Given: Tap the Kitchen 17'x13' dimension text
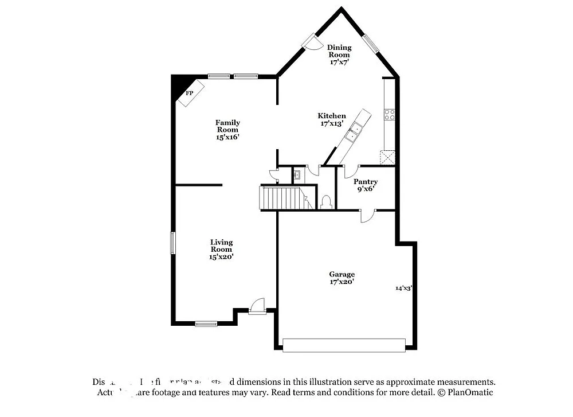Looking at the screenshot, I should [332, 123].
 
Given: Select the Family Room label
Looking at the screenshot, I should [227, 126].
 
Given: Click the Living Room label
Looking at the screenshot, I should [221, 245].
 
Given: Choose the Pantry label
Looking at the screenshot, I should [365, 182].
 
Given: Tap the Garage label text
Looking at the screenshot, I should [342, 274].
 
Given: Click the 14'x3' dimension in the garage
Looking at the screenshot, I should [404, 288].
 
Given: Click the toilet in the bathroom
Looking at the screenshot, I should [327, 202].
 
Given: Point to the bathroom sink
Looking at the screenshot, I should [297, 174].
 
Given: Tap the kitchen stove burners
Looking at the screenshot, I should [390, 114].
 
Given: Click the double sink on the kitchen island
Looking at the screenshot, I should [352, 132].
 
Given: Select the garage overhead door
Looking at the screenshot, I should [344, 345].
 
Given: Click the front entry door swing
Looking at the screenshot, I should [258, 306].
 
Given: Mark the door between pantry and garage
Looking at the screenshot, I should [367, 216].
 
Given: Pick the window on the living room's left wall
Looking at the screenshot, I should [173, 242].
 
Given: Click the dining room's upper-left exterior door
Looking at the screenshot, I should [312, 41].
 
